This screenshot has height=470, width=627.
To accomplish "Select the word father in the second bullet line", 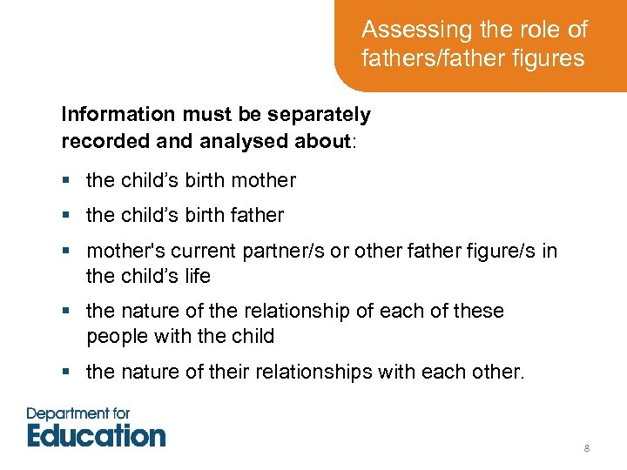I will click(257, 214).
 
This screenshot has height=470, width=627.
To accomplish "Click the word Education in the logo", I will click(96, 433).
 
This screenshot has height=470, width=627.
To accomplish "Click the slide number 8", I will click(587, 448).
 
